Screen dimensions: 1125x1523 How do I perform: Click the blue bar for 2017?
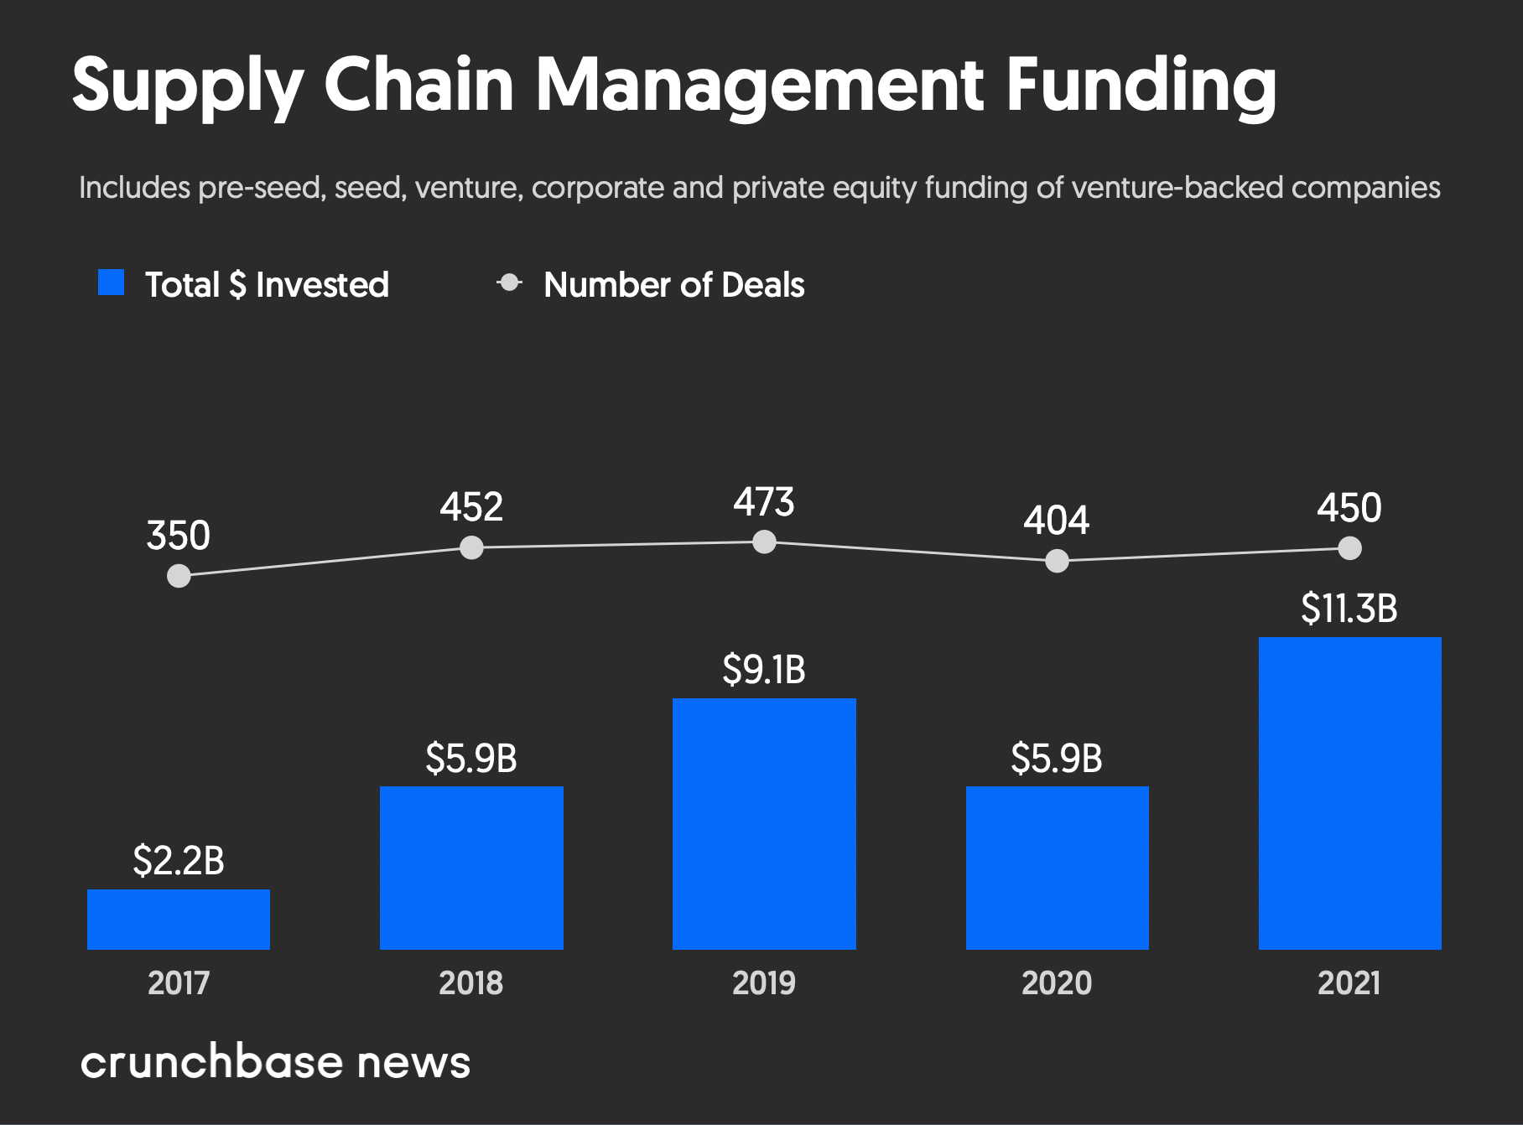point(179,919)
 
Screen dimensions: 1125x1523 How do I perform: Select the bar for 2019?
point(764,823)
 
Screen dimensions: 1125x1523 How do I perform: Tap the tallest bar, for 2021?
point(1349,793)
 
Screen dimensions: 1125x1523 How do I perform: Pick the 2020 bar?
point(1057,868)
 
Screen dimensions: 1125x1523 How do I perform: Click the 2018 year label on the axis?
point(470,982)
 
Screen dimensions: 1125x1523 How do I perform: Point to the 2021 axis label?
point(1349,982)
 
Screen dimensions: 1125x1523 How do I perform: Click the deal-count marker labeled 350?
point(179,576)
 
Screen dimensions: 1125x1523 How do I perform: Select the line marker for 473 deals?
point(764,542)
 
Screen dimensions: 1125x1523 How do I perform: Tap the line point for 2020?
point(1057,561)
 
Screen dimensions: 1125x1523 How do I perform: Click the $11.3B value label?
point(1349,609)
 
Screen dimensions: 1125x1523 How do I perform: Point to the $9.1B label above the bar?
point(763,670)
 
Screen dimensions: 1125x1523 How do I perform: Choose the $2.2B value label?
point(179,861)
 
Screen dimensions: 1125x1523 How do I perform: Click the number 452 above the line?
point(471,507)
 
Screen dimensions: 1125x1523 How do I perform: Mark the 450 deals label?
point(1349,508)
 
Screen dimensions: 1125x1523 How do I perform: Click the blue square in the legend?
point(111,283)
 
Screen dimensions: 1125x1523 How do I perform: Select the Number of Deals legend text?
point(673,285)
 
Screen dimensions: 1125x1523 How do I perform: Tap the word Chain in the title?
point(418,86)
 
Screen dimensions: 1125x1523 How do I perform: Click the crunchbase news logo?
point(275,1062)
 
